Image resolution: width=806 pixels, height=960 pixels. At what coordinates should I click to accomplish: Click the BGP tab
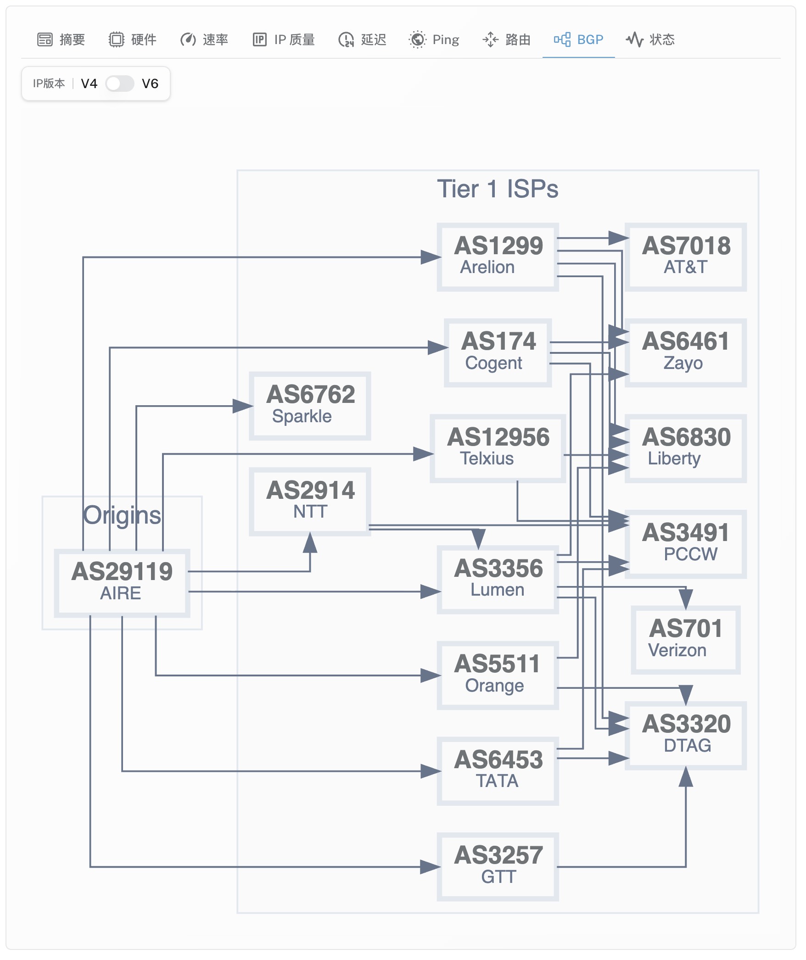click(578, 39)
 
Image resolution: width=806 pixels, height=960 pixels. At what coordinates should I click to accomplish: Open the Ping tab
click(434, 39)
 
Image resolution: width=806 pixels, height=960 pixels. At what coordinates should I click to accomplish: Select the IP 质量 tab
click(284, 39)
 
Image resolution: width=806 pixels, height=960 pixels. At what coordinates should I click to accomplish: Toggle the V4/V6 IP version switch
click(120, 84)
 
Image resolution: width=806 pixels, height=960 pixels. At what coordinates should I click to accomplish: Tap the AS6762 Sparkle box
click(310, 406)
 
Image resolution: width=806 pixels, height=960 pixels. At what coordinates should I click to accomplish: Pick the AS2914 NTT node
click(310, 502)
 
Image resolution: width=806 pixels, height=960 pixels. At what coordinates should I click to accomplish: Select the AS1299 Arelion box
click(498, 257)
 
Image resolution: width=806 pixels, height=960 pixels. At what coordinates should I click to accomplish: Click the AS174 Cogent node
click(498, 352)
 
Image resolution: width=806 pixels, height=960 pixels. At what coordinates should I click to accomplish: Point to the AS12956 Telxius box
click(498, 448)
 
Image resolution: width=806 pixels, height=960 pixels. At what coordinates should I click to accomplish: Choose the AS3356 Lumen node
click(498, 580)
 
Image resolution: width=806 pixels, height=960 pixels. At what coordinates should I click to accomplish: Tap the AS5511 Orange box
click(498, 675)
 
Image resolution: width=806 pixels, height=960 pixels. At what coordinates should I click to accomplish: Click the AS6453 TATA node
click(498, 771)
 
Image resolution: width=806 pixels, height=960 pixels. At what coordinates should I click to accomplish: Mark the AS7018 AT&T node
click(686, 257)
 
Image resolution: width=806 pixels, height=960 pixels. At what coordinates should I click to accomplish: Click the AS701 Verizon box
click(686, 640)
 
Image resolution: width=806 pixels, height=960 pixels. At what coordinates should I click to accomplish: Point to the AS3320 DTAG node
click(686, 736)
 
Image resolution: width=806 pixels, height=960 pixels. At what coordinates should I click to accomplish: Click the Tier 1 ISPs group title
click(498, 189)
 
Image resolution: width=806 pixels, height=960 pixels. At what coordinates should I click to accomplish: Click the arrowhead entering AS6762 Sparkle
click(243, 406)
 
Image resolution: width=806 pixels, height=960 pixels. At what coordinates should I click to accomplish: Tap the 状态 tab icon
click(634, 39)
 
